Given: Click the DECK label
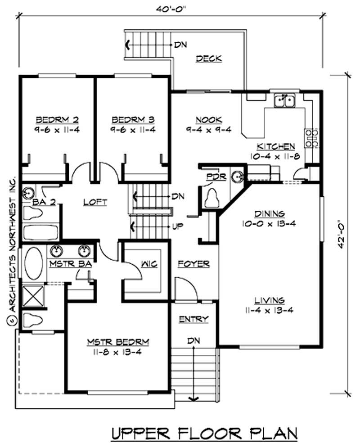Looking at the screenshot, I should tap(209, 58).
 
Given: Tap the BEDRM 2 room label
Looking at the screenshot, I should tap(57, 120).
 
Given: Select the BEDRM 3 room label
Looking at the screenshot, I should tap(133, 120).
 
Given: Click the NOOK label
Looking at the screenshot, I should tap(208, 120).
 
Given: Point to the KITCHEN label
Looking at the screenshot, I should tap(276, 147).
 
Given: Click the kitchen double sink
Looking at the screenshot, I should tap(284, 100).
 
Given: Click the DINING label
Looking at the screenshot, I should tap(268, 213).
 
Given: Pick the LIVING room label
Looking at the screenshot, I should tap(269, 300).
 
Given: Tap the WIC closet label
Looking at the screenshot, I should tap(149, 264).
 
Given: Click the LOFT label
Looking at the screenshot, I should tap(95, 203).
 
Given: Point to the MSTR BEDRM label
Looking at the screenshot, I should tap(118, 342).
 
